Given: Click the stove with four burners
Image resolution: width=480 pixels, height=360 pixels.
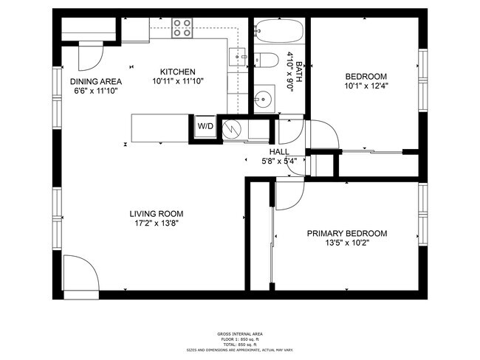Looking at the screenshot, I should pos(183,28).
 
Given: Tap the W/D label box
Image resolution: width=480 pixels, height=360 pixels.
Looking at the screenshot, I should pos(205,126).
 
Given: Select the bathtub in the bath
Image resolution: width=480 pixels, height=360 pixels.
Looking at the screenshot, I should pos(278,32).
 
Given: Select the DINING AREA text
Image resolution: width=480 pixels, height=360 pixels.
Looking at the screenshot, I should pos(96,81).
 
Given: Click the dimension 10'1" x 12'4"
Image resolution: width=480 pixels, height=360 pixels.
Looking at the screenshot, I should pos(366,86).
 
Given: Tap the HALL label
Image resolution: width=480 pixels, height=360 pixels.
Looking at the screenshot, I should pos(268,151).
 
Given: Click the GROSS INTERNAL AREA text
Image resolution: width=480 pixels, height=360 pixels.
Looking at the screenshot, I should pos(239,333).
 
